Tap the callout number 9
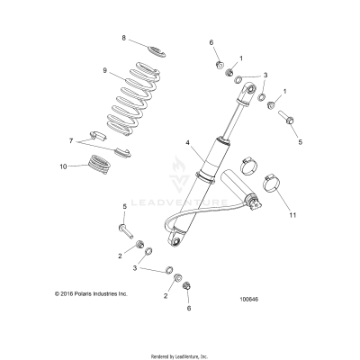[105, 70]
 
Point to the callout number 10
[63, 166]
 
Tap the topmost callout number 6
[212, 42]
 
